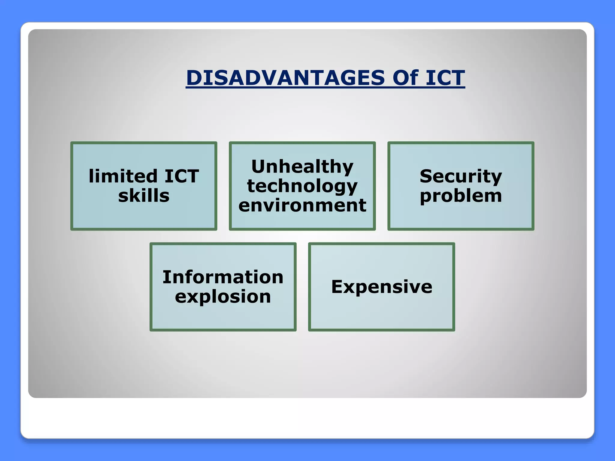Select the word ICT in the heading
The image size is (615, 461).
coord(445,78)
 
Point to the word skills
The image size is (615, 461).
coord(144,196)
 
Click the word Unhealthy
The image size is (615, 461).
coord(302,167)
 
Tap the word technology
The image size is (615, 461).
coord(302,186)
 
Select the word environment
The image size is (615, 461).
coord(302,205)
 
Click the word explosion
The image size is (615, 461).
coord(223,297)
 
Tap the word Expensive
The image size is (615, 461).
coord(382,287)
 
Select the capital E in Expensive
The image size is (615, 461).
coord(337,287)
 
